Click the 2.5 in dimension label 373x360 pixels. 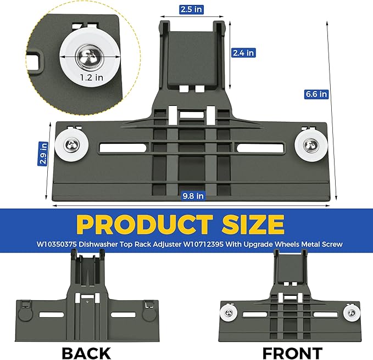pos(191,9)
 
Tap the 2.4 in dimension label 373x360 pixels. pos(243,53)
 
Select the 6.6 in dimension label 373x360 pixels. pos(316,94)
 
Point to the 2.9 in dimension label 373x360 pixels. pos(43,154)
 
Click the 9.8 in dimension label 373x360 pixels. pos(193,196)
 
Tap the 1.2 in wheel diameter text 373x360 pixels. pos(92,77)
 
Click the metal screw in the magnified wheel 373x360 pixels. pos(90,57)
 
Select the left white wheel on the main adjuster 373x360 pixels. pos(72,145)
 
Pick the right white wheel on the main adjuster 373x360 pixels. pos(311,145)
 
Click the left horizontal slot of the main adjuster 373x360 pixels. pos(123,148)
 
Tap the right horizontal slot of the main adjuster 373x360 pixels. pos(260,148)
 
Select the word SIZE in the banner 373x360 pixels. pos(253,224)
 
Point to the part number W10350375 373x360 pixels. pos(57,244)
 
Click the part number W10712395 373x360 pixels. pos(203,244)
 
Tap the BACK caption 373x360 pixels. pos(87,353)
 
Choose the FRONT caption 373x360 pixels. pos(293,353)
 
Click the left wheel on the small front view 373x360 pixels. pos(229,313)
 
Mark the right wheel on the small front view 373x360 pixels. pos(352,313)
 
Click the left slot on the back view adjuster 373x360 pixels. pos(52,315)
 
